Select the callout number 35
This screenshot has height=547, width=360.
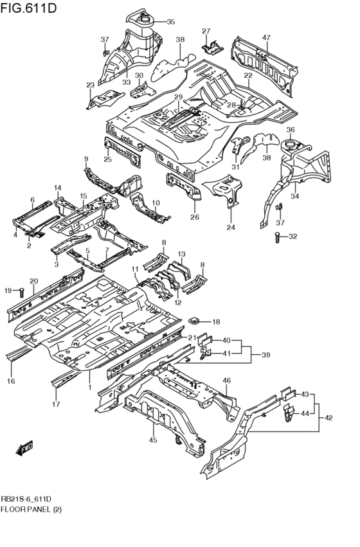(x=170, y=22)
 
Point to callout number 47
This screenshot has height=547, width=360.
(x=266, y=38)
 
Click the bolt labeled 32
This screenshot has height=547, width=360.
(x=277, y=237)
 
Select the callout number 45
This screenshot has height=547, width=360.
(x=153, y=440)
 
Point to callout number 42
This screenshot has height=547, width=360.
(x=328, y=418)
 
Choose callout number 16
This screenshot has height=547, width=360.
(x=10, y=382)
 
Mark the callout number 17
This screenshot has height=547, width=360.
(x=56, y=404)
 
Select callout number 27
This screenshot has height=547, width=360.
(x=206, y=31)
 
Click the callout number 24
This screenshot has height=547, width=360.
(x=231, y=228)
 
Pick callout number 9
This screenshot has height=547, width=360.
(x=85, y=159)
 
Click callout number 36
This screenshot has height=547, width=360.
(x=290, y=130)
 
